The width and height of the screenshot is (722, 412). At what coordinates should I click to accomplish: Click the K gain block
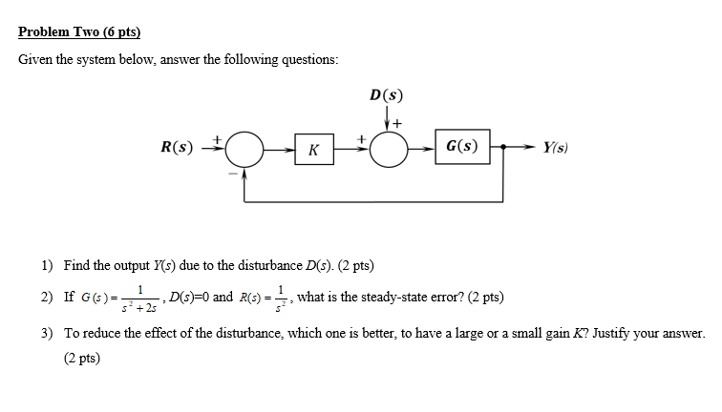(x=314, y=149)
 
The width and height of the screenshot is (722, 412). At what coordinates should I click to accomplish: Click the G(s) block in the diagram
(x=462, y=147)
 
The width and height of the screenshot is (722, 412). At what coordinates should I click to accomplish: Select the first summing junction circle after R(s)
(x=246, y=148)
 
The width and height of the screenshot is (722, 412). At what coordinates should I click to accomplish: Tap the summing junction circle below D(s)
(x=389, y=148)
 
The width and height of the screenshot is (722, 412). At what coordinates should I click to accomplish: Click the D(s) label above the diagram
(x=386, y=94)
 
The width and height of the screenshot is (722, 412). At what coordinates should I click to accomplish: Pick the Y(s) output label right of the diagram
(x=555, y=148)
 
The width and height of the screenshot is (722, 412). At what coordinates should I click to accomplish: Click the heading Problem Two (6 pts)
(x=79, y=31)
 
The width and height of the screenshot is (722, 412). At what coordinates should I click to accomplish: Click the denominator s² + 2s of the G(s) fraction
(x=142, y=306)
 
